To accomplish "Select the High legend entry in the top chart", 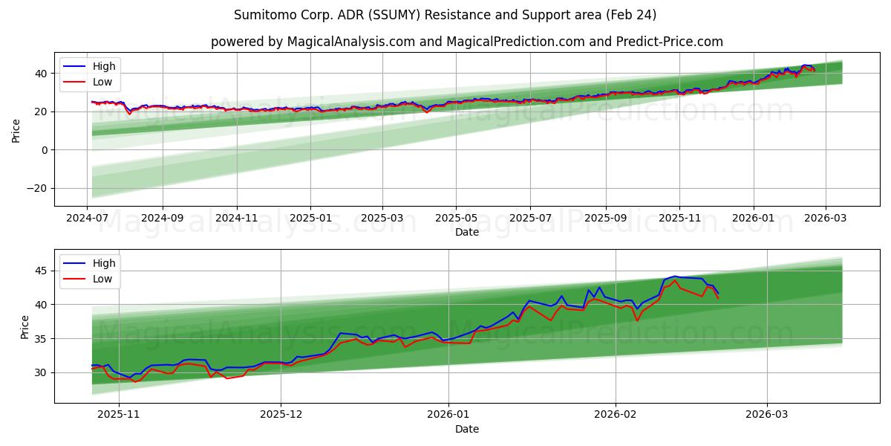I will click(x=103, y=66).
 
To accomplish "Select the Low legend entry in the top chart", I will click(x=102, y=82).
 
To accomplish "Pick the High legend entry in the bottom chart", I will click(x=103, y=263).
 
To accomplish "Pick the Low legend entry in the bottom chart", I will click(x=102, y=279).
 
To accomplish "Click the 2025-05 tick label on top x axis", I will click(x=455, y=219).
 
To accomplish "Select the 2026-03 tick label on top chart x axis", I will click(x=826, y=219).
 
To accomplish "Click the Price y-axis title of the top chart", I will click(x=16, y=130).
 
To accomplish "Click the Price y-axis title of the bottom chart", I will click(x=25, y=327).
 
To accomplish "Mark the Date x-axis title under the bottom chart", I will click(x=466, y=429).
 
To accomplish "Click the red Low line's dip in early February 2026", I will click(x=637, y=320).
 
